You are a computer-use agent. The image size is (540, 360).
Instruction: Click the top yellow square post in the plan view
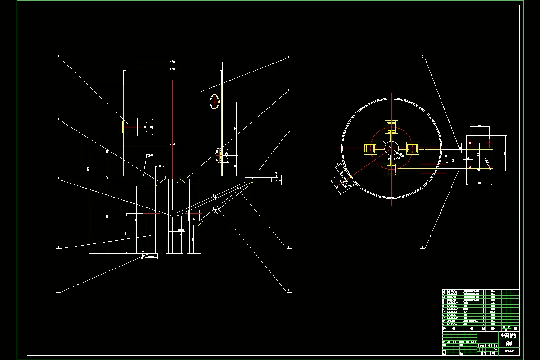pos(391,126)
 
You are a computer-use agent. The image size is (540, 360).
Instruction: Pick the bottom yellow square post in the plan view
pos(391,170)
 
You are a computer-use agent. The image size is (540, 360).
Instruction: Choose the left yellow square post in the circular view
pos(370,148)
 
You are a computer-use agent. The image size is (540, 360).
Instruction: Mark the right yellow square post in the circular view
pos(413,148)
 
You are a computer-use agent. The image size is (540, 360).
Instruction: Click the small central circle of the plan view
pos(391,148)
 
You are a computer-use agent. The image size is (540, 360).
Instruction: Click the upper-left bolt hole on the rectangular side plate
pos(469,143)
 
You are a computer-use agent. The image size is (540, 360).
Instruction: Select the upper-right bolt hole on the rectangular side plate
pos(489,143)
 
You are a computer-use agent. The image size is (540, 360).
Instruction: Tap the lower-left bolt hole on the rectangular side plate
pos(469,167)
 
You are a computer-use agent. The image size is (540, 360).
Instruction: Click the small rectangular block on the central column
pos(172,214)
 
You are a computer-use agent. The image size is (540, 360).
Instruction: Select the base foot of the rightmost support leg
pos(194,252)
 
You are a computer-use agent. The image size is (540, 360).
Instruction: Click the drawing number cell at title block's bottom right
pos(509,350)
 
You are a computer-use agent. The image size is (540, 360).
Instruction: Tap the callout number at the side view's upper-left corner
pos(58,57)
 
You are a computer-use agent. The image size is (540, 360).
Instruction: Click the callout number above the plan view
pos(422,57)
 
